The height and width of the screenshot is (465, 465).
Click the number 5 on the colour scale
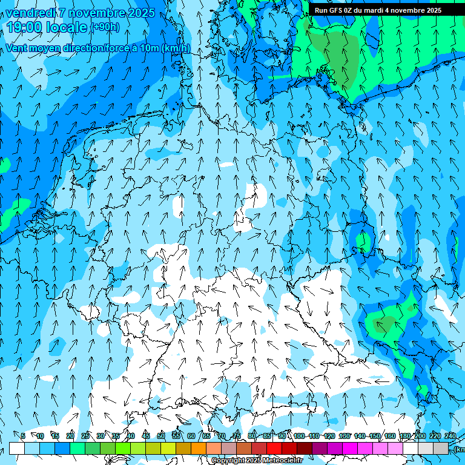tap(23, 436)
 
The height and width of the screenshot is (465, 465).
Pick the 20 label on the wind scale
tap(70, 436)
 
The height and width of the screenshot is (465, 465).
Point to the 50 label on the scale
tap(161, 436)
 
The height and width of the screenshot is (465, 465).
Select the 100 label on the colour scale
tap(299, 436)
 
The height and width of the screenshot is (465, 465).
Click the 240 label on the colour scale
tap(450, 436)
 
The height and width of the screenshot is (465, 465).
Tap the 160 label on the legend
tap(390, 436)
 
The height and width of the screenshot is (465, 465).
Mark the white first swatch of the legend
tap(17, 448)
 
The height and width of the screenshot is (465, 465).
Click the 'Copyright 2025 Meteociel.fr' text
tap(257, 461)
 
